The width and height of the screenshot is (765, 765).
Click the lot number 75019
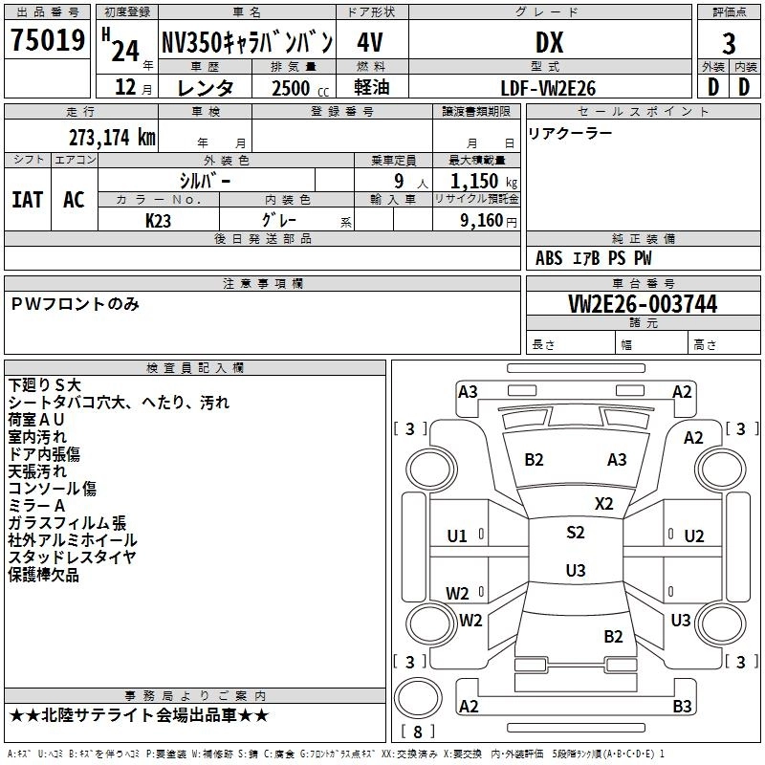pyautogui.click(x=48, y=42)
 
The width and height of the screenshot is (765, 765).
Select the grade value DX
pyautogui.click(x=549, y=43)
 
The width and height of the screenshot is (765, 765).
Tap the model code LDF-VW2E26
pyautogui.click(x=549, y=88)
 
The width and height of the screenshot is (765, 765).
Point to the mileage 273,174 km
pyautogui.click(x=112, y=137)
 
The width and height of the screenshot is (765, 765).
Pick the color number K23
pyautogui.click(x=159, y=220)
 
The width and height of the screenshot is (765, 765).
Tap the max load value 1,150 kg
pyautogui.click(x=483, y=181)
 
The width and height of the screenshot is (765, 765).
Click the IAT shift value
pyautogui.click(x=27, y=199)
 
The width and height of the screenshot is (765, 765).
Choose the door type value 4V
pyautogui.click(x=370, y=43)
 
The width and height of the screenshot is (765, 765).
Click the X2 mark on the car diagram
pyautogui.click(x=603, y=503)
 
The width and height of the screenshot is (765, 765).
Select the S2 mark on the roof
pyautogui.click(x=575, y=533)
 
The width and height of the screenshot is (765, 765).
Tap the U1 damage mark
pyautogui.click(x=457, y=535)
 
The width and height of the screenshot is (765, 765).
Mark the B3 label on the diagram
pyautogui.click(x=682, y=707)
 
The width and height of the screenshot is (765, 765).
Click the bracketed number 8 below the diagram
pyautogui.click(x=416, y=732)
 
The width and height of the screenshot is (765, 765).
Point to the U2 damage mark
pyautogui.click(x=693, y=535)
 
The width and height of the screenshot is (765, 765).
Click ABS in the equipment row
pyautogui.click(x=549, y=258)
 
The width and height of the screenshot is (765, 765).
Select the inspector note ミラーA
pyautogui.click(x=36, y=505)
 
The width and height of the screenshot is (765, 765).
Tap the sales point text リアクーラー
pyautogui.click(x=570, y=133)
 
